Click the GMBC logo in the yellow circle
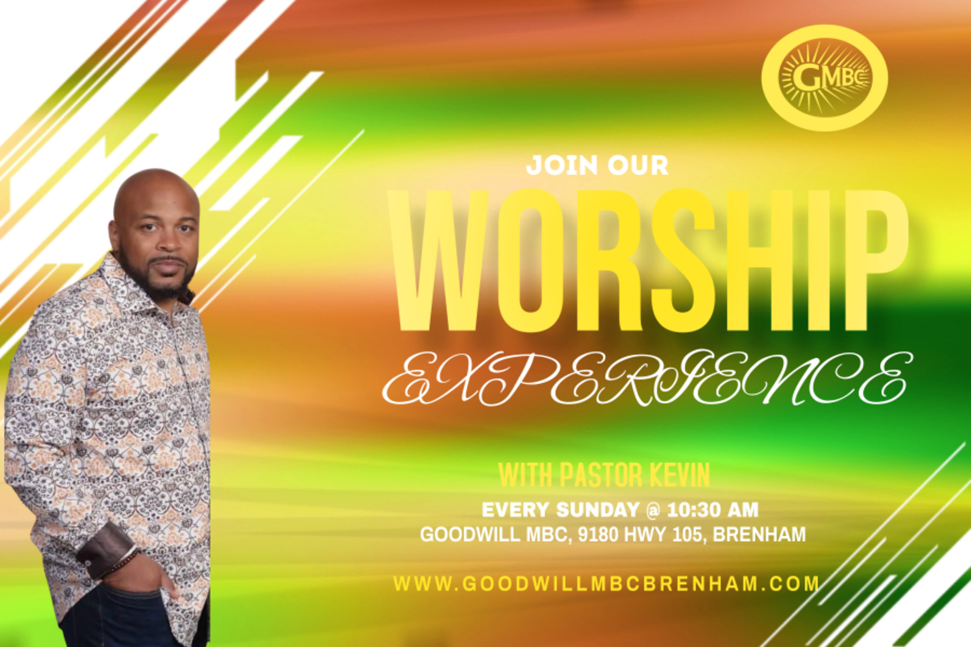coord(824,78)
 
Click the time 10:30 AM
coord(713,510)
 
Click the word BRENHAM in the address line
coord(760,534)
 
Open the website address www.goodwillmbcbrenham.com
coord(606,583)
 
